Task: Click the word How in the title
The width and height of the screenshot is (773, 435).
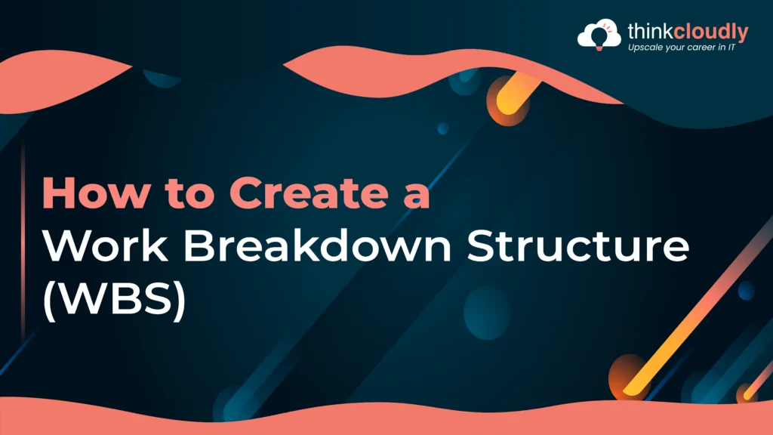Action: pyautogui.click(x=95, y=193)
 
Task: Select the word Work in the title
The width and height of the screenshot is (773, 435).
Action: pyautogui.click(x=105, y=245)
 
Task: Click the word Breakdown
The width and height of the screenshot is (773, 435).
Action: pyautogui.click(x=318, y=245)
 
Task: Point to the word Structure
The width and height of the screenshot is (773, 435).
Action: pyautogui.click(x=577, y=245)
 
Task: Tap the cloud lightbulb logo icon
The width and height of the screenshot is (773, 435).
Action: pyautogui.click(x=599, y=34)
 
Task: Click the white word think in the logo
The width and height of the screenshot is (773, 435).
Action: pyautogui.click(x=650, y=32)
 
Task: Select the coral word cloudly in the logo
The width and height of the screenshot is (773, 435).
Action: pyautogui.click(x=711, y=32)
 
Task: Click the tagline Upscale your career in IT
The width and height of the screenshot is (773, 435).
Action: pyautogui.click(x=682, y=48)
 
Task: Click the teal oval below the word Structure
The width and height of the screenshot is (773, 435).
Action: pyautogui.click(x=487, y=313)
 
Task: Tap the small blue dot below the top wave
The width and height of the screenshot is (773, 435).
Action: pyautogui.click(x=442, y=128)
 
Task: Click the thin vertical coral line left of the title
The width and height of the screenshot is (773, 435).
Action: pyautogui.click(x=23, y=242)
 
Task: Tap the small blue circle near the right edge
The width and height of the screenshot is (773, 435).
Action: pyautogui.click(x=746, y=291)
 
